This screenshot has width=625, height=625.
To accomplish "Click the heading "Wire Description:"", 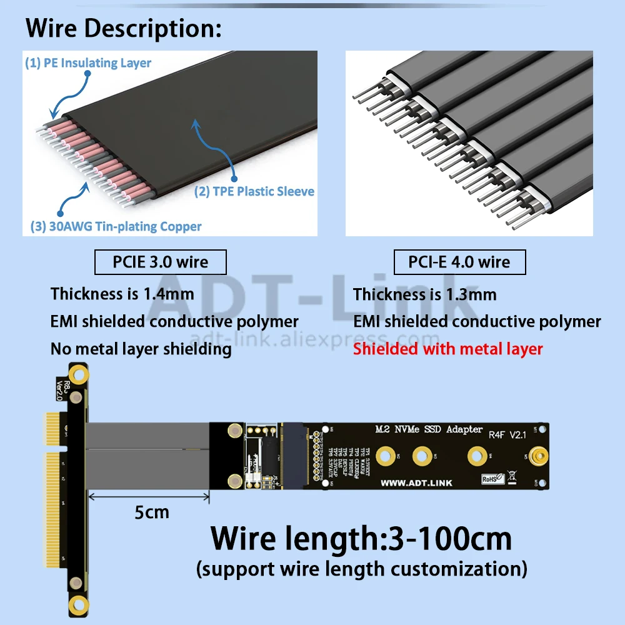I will [x=124, y=28].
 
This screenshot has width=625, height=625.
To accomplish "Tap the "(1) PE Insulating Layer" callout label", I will [x=87, y=62].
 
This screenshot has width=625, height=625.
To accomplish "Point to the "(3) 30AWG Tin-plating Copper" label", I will [x=116, y=226].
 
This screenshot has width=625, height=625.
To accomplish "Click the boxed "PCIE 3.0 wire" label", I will [x=161, y=262].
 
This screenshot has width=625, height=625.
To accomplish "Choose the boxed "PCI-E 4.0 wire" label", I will [x=459, y=262].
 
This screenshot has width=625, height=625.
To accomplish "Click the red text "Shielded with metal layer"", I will [x=447, y=349].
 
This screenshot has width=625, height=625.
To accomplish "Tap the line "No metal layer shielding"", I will [x=141, y=349].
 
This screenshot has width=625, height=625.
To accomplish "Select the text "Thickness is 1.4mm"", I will [x=122, y=293].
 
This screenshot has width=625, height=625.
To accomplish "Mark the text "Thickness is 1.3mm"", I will [x=425, y=293].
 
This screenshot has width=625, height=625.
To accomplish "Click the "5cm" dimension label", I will [x=152, y=513].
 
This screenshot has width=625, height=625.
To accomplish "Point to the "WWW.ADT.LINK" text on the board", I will [x=416, y=482].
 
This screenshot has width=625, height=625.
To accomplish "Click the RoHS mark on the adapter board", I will [x=489, y=479].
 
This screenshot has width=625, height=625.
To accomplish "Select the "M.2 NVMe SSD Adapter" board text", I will [x=429, y=429].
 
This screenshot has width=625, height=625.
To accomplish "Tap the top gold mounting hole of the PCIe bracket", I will [x=77, y=375].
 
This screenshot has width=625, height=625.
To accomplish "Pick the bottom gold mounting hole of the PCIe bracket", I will [x=77, y=604].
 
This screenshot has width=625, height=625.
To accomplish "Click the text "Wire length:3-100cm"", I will [x=361, y=538].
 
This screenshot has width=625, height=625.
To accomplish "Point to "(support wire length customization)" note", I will [x=361, y=569].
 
